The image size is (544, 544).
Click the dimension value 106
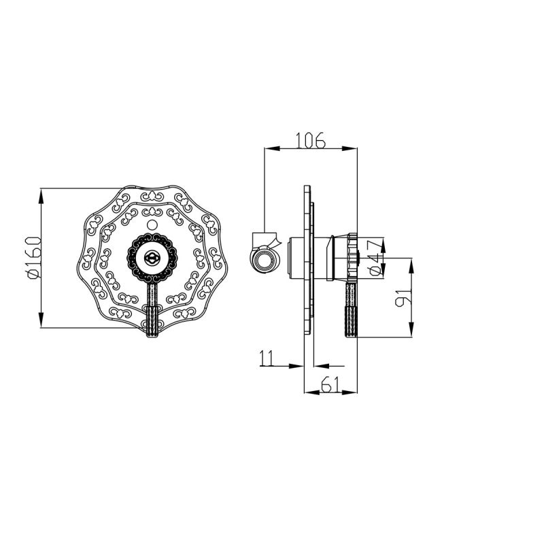[310, 140]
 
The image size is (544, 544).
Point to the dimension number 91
[403, 297]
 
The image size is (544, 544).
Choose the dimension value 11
[267, 358]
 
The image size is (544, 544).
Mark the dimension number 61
[330, 384]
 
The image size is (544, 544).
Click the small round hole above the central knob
[152, 225]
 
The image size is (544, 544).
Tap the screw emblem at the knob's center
[152, 258]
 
